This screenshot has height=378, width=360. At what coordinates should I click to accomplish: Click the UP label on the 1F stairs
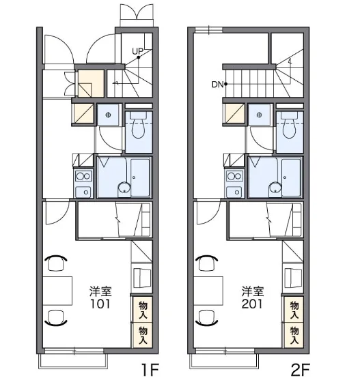(x=137, y=51)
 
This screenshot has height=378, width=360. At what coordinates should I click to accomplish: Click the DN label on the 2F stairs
(x=217, y=85)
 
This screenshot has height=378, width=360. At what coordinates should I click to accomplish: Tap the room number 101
(x=100, y=304)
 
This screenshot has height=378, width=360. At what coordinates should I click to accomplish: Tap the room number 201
(x=252, y=304)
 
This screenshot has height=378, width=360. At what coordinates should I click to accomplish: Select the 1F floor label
(x=150, y=370)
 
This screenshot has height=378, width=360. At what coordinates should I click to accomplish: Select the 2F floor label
(x=301, y=370)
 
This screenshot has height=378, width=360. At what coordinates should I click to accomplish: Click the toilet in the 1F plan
(x=138, y=125)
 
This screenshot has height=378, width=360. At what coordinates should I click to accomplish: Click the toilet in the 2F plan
(x=290, y=125)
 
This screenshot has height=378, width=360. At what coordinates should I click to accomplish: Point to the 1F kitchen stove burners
(x=83, y=177)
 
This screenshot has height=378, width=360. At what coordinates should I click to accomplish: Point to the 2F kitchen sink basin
(x=235, y=192)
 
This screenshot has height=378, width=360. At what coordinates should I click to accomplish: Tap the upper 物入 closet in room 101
(x=143, y=310)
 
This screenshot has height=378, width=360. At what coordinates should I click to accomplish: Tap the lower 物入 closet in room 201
(x=294, y=335)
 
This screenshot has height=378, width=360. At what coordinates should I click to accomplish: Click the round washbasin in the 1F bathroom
(x=124, y=188)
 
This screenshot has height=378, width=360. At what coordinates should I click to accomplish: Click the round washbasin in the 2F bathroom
(x=275, y=188)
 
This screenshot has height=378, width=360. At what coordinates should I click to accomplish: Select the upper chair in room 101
(x=56, y=263)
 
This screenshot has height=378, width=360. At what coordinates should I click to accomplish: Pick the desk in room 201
(x=208, y=291)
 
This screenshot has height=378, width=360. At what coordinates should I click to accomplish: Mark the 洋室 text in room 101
(x=100, y=291)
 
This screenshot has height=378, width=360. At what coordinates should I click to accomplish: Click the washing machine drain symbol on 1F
(x=108, y=115)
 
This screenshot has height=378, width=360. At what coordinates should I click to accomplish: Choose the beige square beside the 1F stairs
(x=91, y=83)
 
